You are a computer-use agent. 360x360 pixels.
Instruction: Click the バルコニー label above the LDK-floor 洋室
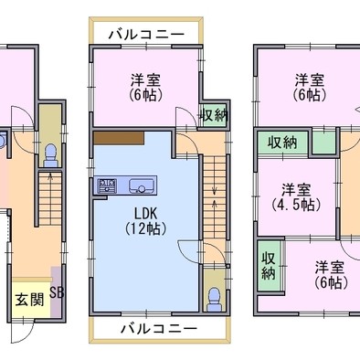click(146, 35)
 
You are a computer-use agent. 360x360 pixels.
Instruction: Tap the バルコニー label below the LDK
click(159, 329)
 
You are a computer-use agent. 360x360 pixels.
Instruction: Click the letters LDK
click(146, 214)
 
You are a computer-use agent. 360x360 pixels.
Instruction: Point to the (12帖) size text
click(146, 228)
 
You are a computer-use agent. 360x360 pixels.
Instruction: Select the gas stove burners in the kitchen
click(107, 185)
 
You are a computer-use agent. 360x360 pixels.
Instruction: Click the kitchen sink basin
click(142, 185)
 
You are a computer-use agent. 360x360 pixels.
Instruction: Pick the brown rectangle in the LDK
click(119, 138)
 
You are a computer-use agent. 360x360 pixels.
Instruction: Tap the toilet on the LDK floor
click(214, 300)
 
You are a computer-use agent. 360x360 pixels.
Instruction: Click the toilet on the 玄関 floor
click(50, 155)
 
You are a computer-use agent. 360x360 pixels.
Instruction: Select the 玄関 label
click(30, 300)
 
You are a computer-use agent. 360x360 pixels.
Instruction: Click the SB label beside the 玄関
click(57, 292)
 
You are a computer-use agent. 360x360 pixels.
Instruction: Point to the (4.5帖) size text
click(296, 205)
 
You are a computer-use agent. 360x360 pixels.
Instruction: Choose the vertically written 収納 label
click(269, 265)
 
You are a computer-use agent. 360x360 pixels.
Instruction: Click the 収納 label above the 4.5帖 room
click(282, 142)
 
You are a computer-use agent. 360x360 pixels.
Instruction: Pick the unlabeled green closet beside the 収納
click(324, 143)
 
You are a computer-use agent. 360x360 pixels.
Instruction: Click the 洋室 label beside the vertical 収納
click(330, 268)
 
